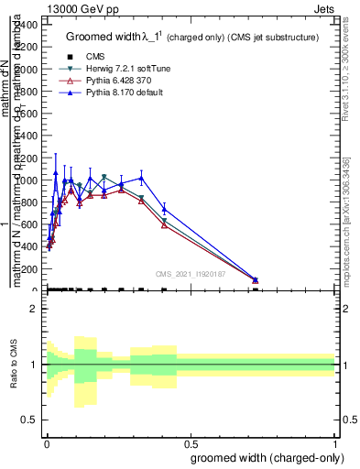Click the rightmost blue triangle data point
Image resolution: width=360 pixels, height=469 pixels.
point(256,279)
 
